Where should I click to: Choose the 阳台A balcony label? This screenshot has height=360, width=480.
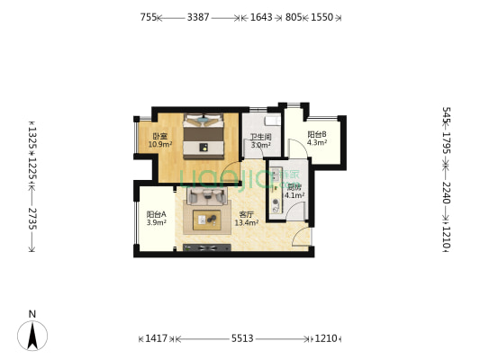pyautogui.click(x=156, y=214)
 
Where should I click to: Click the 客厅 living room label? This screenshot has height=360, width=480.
pyautogui.click(x=246, y=214)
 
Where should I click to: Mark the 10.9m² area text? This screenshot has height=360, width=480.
pyautogui.click(x=159, y=145)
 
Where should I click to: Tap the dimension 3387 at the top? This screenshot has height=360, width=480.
pyautogui.click(x=199, y=17)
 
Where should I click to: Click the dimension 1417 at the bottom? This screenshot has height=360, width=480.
pyautogui.click(x=157, y=338)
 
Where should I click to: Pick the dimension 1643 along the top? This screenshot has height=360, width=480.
pyautogui.click(x=262, y=17)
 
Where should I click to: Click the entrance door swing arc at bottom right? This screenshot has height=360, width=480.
pyautogui.click(x=303, y=236)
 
